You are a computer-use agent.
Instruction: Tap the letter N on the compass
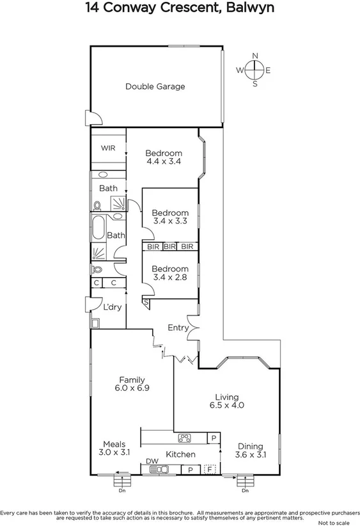255,56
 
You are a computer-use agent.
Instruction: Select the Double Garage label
155,86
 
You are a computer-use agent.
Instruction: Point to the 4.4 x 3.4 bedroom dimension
164,162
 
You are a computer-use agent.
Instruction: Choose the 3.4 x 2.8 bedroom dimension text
170,278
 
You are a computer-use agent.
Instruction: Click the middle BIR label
169,246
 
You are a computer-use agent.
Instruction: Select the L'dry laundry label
113,307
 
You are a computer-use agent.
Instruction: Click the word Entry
178,328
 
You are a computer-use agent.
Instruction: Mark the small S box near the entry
146,302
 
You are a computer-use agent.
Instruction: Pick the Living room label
226,396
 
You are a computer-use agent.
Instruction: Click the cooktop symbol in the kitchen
184,438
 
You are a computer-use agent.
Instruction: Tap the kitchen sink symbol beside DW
159,469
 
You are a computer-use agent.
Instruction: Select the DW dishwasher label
152,461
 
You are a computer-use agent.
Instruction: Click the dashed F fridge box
208,469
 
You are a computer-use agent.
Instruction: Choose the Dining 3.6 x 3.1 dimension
252,456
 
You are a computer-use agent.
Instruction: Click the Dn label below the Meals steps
121,491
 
